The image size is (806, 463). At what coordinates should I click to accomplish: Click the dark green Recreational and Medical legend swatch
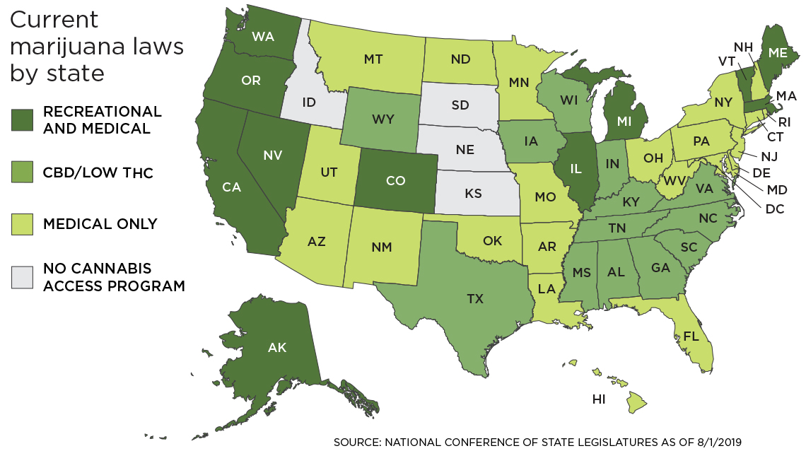pyautogui.click(x=23, y=120)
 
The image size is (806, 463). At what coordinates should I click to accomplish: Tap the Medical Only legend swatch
pyautogui.click(x=23, y=224)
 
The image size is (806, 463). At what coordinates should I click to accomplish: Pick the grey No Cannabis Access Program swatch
pyautogui.click(x=23, y=277)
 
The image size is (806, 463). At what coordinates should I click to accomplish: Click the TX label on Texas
pyautogui.click(x=475, y=299)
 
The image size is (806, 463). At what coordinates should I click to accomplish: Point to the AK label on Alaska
pyautogui.click(x=276, y=347)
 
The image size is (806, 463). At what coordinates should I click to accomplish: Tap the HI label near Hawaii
pyautogui.click(x=599, y=399)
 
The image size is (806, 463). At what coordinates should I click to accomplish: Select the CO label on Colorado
pyautogui.click(x=395, y=181)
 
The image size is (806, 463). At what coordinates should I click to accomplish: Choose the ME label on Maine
pyautogui.click(x=778, y=52)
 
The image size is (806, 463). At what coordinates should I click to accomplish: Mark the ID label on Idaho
pyautogui.click(x=309, y=103)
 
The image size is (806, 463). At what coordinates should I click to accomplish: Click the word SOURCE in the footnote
pyautogui.click(x=357, y=443)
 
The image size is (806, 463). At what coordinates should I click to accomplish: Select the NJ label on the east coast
pyautogui.click(x=770, y=156)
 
